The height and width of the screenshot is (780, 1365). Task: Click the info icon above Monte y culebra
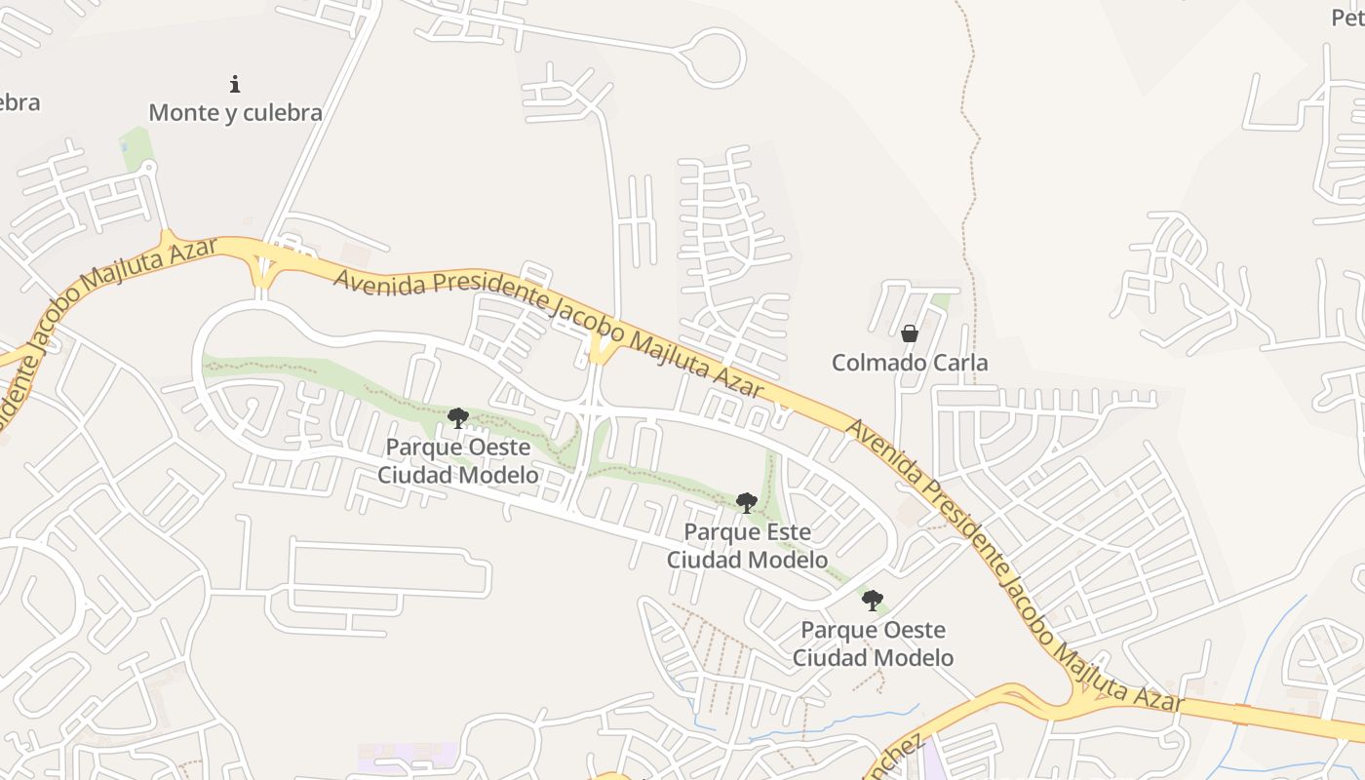[x=234, y=84]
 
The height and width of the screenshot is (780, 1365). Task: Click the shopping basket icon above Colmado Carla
[x=910, y=333]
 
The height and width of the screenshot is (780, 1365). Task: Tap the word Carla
[x=962, y=363]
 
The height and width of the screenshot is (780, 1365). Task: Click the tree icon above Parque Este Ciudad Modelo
[x=747, y=503]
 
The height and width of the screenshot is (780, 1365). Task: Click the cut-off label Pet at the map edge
[x=1347, y=18]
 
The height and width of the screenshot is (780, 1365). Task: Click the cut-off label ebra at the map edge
[x=19, y=102]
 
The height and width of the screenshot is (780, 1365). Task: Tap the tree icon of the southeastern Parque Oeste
[x=873, y=601]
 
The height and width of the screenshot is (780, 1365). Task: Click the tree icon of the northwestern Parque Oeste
[x=458, y=418]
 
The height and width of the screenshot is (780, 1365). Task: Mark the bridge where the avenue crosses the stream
[x=1241, y=712]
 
